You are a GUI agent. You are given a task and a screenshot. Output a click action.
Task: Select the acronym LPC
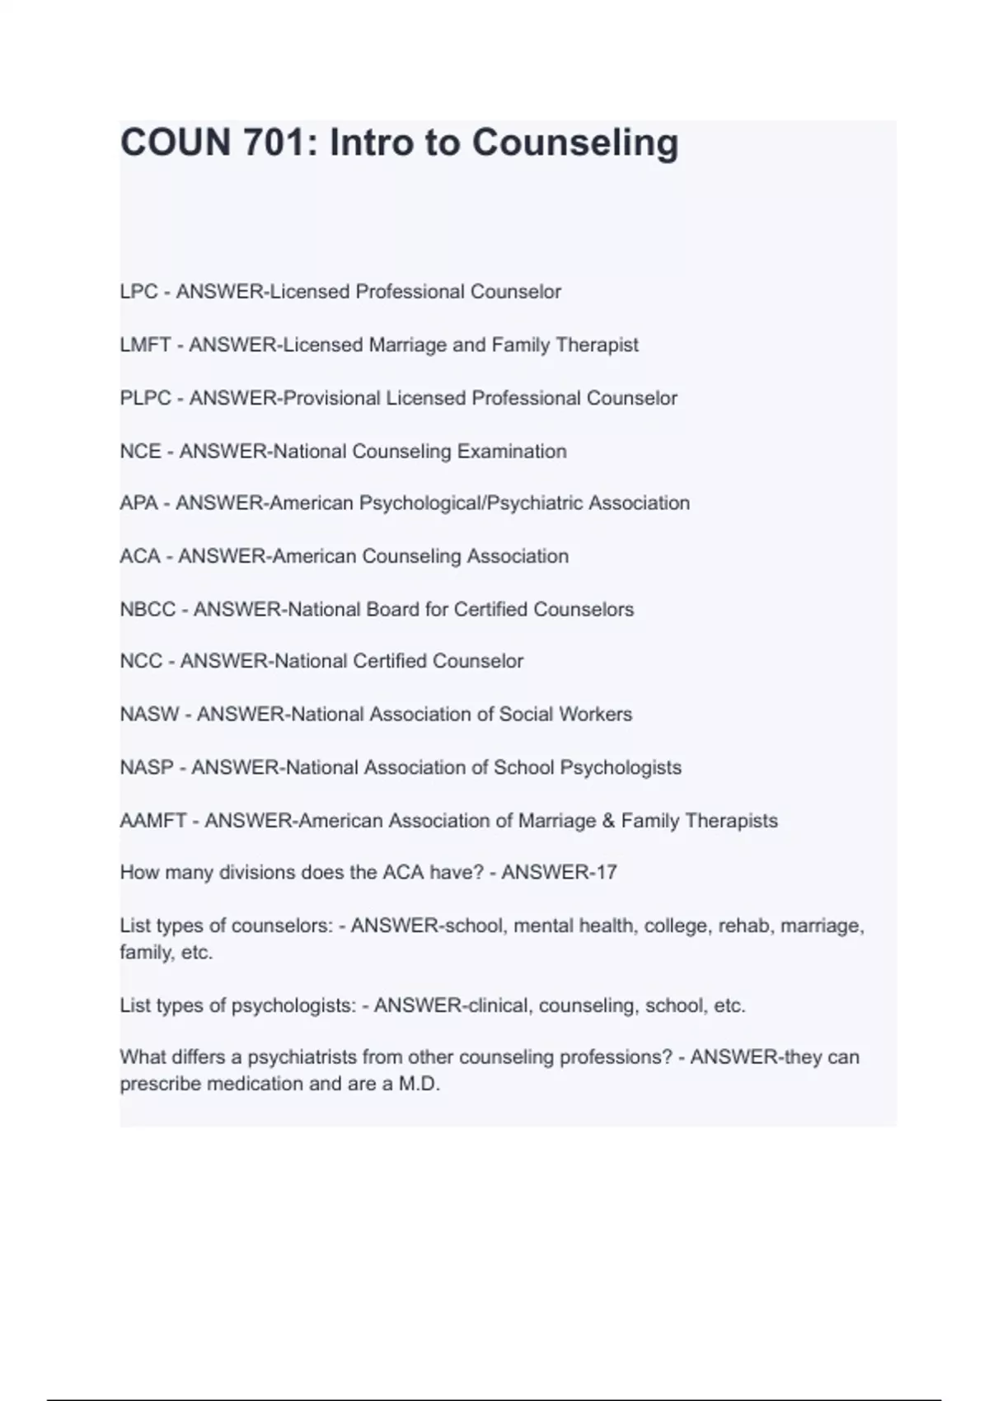pyautogui.click(x=138, y=292)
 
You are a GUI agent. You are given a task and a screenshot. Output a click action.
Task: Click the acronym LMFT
pyautogui.click(x=145, y=345)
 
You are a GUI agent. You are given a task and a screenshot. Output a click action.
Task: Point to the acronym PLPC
pyautogui.click(x=145, y=398)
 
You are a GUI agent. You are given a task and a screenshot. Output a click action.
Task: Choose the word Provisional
pyautogui.click(x=331, y=398)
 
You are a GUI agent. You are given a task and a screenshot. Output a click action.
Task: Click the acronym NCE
pyautogui.click(x=140, y=452)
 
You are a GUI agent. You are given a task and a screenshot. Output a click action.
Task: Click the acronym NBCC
pyautogui.click(x=148, y=610)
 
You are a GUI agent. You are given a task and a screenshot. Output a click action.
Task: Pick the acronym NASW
pyautogui.click(x=149, y=715)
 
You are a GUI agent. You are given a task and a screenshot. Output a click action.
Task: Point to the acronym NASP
pyautogui.click(x=147, y=768)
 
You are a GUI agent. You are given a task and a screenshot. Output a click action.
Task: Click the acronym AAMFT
pyautogui.click(x=153, y=821)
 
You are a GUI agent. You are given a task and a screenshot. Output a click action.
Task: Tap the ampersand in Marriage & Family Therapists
pyautogui.click(x=609, y=821)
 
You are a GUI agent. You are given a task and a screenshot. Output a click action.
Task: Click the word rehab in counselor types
pyautogui.click(x=743, y=926)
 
